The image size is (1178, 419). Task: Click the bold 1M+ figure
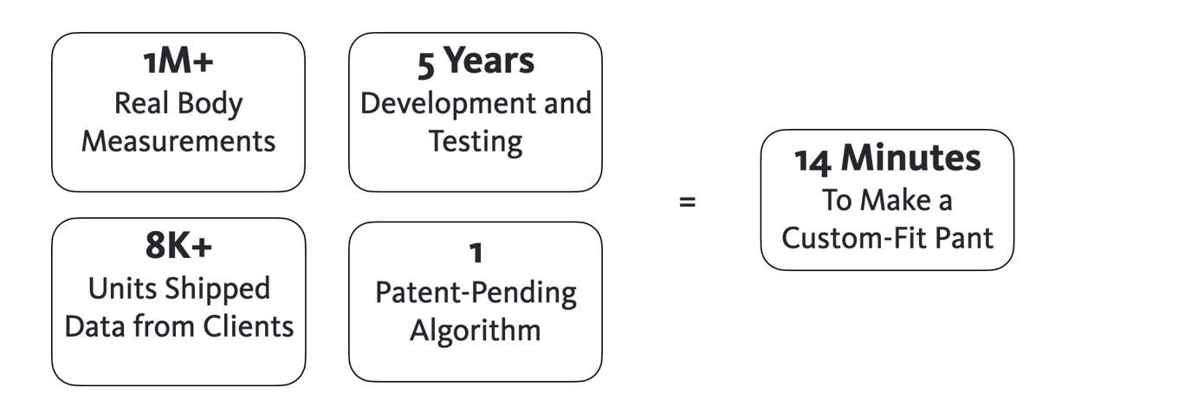tap(178, 61)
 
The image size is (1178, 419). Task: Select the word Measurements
tap(178, 141)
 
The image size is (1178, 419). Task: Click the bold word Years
tap(489, 60)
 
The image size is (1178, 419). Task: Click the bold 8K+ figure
tap(178, 246)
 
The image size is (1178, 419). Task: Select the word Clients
tap(249, 326)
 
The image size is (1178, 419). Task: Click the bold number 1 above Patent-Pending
tap(476, 253)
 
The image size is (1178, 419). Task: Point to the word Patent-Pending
tap(476, 293)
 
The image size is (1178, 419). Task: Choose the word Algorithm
tap(476, 332)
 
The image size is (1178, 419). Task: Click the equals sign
tap(688, 202)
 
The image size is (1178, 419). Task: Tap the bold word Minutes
tap(911, 158)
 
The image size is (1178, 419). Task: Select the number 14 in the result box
tap(813, 161)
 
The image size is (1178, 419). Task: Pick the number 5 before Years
tap(426, 65)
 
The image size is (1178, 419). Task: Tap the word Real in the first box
tap(141, 103)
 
